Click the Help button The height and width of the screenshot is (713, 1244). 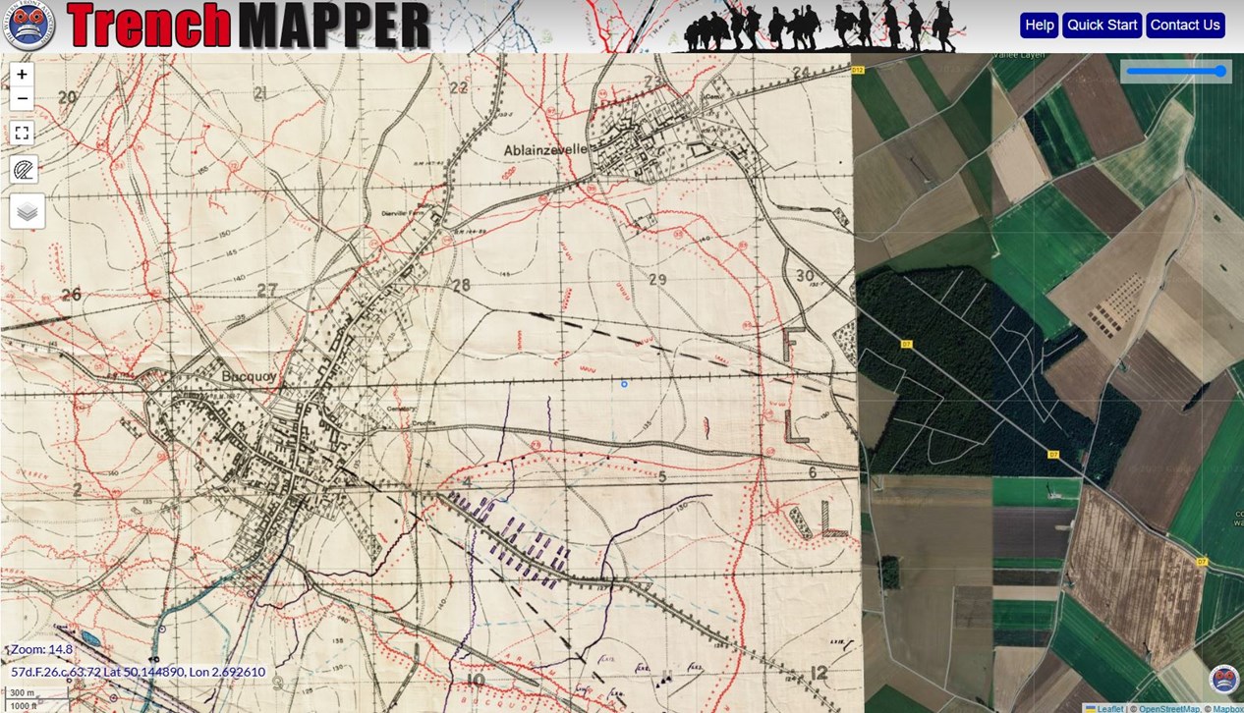[x=1039, y=26]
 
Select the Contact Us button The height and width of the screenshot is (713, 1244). [x=1184, y=26]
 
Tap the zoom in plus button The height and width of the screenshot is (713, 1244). [x=22, y=75]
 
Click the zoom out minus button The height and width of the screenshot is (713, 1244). [x=22, y=98]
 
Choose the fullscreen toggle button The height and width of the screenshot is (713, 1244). [x=22, y=133]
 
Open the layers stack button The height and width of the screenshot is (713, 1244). [x=27, y=210]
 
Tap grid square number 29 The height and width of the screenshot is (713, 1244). [x=657, y=280]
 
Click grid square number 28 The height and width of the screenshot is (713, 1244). [x=460, y=285]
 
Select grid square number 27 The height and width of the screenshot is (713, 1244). [x=266, y=290]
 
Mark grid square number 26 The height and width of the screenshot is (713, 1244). [x=70, y=294]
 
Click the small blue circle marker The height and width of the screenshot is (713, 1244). [x=624, y=384]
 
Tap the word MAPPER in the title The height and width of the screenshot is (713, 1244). [x=334, y=27]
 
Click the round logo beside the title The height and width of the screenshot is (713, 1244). [x=28, y=26]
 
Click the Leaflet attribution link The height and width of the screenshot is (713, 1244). [x=1109, y=708]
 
